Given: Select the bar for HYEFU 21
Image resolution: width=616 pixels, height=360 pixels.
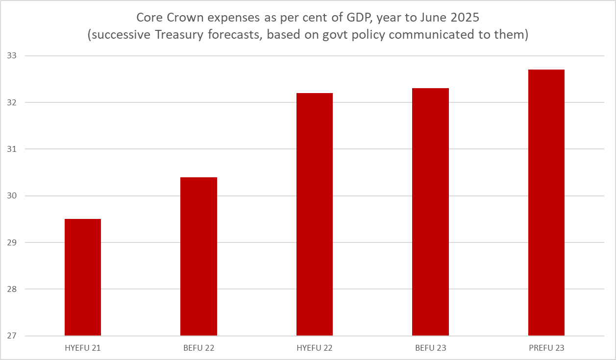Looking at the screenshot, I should click(x=83, y=277).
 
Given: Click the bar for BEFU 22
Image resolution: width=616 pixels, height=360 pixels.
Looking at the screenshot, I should click(x=198, y=256).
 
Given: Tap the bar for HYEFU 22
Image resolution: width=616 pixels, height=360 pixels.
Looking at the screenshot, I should click(x=315, y=214).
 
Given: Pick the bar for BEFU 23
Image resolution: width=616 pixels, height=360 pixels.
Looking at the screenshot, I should click(x=430, y=212).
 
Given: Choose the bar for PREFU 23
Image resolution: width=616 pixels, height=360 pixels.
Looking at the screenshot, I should click(x=546, y=202).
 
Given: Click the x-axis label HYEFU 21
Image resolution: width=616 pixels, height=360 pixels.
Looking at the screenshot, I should click(x=83, y=348).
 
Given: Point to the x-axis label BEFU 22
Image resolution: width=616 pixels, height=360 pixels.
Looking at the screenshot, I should click(x=198, y=348).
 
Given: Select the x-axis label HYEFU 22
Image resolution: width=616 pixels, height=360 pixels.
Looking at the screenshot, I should click(x=315, y=348).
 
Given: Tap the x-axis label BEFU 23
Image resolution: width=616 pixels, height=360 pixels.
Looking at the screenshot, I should click(x=430, y=348).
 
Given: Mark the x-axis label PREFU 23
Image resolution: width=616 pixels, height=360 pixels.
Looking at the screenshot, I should click(x=546, y=348).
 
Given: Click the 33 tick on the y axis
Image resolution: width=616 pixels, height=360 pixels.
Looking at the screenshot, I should click(x=12, y=56).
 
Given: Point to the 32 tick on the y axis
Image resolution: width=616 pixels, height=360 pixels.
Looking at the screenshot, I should click(x=12, y=103).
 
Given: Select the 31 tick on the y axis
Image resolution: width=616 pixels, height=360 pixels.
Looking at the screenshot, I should click(x=12, y=149).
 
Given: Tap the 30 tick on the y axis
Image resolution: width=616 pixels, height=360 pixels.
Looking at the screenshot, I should click(x=12, y=196).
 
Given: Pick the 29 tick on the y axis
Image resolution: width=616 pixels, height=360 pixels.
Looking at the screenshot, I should click(x=12, y=243).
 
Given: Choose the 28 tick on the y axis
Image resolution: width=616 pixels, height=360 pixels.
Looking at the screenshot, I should click(x=12, y=289).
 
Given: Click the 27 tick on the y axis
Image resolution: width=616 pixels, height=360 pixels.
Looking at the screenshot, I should click(x=12, y=336).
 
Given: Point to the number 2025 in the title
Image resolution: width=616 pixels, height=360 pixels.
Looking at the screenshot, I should click(x=463, y=18).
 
